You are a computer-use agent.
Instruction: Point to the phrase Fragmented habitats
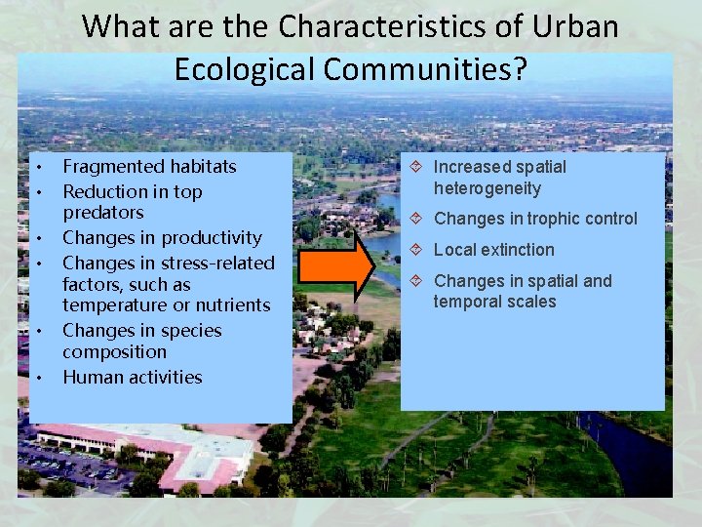point(149,167)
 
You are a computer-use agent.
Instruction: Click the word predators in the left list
point(103,213)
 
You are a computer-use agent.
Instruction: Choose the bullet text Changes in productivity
point(162,238)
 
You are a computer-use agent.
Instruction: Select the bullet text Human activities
point(133,378)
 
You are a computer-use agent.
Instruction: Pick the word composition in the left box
point(114,352)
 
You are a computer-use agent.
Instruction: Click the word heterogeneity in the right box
point(487,188)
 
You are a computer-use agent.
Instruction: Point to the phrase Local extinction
point(493,250)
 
